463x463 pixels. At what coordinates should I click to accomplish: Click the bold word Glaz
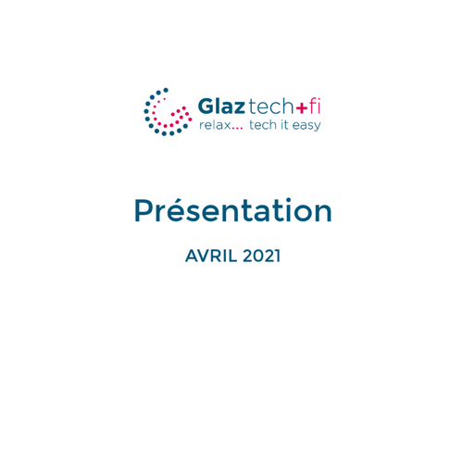pos(221,106)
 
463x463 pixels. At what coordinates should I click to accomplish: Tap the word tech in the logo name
pos(270,106)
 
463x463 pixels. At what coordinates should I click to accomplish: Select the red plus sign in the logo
pos(302,107)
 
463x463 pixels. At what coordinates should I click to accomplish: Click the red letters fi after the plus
pos(315,106)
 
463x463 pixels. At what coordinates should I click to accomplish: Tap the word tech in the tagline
pos(263,125)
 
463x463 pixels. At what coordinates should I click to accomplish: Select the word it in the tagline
pos(284,125)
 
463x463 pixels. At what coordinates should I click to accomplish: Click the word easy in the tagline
pos(307,126)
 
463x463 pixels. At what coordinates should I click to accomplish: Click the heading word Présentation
pos(233,210)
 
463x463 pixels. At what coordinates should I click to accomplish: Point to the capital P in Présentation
pos(144,210)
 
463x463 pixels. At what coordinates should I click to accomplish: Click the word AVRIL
pos(211,256)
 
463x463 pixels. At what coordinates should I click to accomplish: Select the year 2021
pos(261,256)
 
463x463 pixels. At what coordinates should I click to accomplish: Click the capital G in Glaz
pos(206,106)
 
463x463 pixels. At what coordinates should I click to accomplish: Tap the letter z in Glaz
pos(238,108)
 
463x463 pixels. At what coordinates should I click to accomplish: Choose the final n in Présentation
pos(322,213)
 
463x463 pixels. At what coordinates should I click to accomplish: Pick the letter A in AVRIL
pos(192,256)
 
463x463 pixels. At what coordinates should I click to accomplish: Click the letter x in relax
pos(226,126)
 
